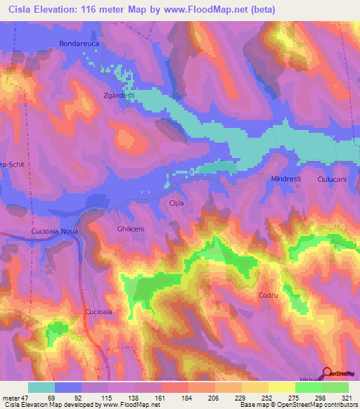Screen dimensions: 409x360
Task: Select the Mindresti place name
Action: pyautogui.click(x=285, y=180)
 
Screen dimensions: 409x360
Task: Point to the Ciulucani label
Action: pyautogui.click(x=333, y=180)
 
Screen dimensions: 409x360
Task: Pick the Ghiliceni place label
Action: pyautogui.click(x=130, y=230)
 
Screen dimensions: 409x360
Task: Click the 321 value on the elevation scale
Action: pyautogui.click(x=348, y=397)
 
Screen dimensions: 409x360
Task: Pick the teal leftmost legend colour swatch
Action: pyautogui.click(x=41, y=387)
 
